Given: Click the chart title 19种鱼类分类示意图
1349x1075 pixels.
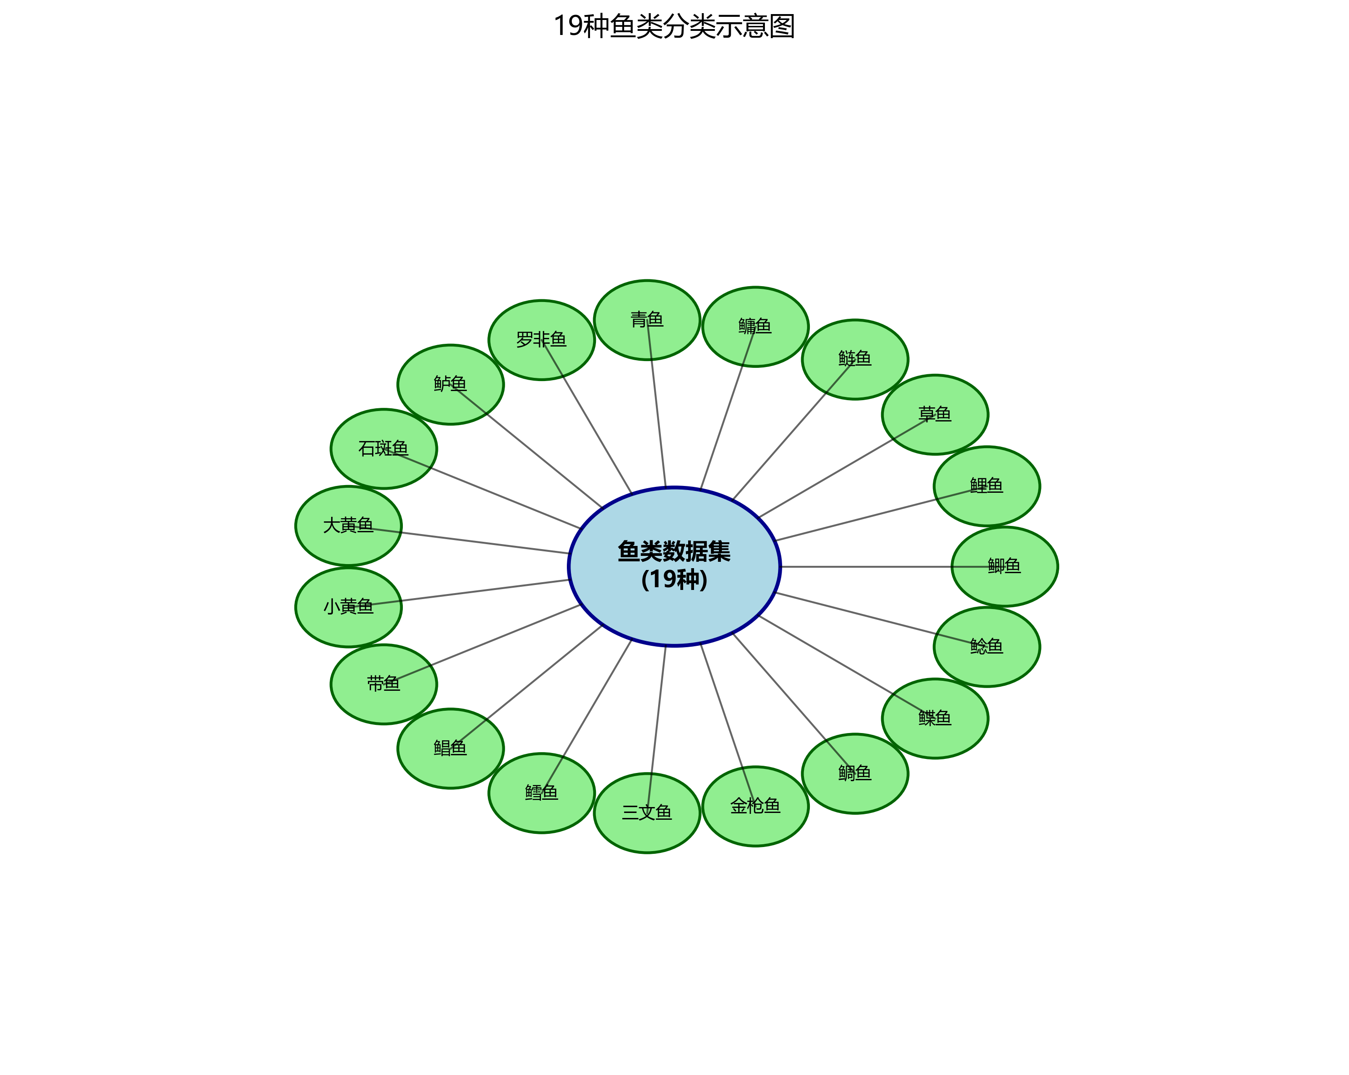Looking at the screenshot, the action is [674, 27].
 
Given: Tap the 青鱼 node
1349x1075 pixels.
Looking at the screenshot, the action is [646, 320].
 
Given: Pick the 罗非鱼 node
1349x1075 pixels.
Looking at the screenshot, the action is [541, 340].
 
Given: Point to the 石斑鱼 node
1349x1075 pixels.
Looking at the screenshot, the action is [383, 449].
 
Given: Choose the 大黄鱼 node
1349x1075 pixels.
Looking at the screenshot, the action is [348, 525].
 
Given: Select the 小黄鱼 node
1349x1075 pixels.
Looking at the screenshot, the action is [348, 607].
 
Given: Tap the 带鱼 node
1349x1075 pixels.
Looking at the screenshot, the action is [383, 684].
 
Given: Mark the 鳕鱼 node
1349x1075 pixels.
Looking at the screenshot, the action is [541, 793].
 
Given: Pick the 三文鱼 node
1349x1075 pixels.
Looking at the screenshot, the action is [646, 813].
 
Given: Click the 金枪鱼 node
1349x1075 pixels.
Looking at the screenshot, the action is [755, 806].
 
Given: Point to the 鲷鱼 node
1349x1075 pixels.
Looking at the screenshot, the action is [855, 773].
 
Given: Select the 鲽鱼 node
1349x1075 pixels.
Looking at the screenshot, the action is [935, 718].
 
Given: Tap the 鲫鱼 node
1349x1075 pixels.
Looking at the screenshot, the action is [1004, 566].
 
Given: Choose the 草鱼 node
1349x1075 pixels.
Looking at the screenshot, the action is [935, 414].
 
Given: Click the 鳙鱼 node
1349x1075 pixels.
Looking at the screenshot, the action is [755, 327].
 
